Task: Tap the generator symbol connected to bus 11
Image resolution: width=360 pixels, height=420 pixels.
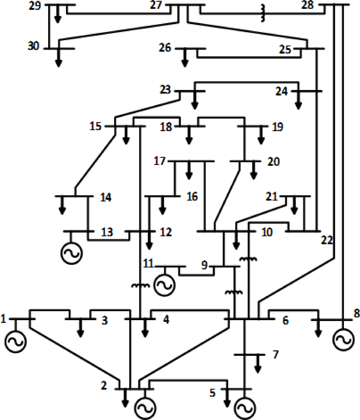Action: tap(164, 285)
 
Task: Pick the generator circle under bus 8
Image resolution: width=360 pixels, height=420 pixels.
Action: tap(343, 339)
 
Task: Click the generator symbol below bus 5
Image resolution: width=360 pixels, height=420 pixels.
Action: tap(245, 408)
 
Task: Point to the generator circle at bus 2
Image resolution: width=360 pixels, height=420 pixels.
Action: tap(145, 408)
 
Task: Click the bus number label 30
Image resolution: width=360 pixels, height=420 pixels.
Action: tap(33, 46)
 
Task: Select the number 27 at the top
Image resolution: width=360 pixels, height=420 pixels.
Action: tap(156, 5)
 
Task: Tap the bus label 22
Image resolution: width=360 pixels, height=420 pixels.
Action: tap(327, 240)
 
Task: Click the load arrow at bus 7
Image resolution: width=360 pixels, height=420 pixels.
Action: tap(258, 364)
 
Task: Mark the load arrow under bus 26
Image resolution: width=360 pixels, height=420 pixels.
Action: tap(185, 58)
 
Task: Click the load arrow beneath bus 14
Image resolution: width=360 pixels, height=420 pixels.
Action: tap(62, 205)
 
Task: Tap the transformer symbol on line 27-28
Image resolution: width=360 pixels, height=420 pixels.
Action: tap(263, 13)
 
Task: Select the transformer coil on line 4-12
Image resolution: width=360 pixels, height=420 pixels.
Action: tap(140, 285)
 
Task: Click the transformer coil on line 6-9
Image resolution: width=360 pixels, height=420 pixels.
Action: tap(234, 292)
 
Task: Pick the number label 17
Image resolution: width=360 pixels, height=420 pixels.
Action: tap(160, 161)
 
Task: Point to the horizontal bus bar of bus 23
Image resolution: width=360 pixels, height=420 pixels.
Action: tap(190, 91)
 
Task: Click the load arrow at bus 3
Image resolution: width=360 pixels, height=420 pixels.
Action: tap(80, 328)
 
